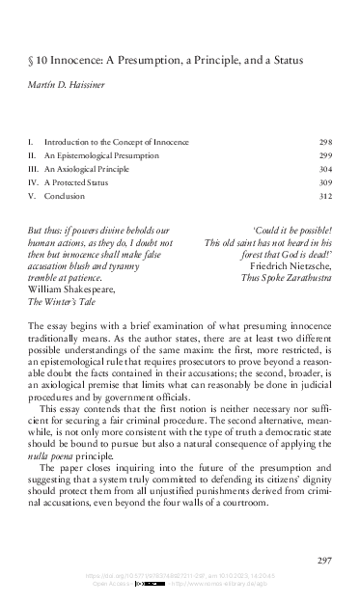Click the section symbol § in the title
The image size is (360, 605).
[x=31, y=60]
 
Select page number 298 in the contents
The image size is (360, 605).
[x=324, y=142]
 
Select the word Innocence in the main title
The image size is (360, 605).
[x=80, y=60]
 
